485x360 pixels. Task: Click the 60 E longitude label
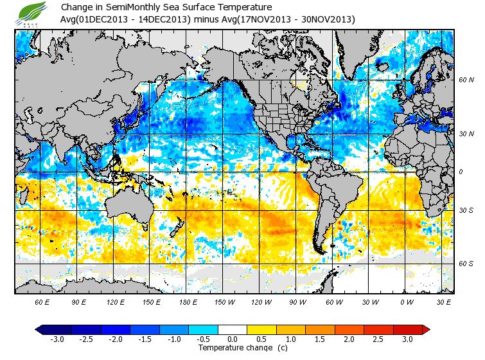(42, 301)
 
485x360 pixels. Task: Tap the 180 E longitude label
(188, 301)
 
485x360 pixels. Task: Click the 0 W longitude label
(407, 301)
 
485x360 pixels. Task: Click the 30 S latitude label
(467, 210)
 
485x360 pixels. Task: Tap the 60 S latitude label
(467, 264)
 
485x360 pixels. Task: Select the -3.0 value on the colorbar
(57, 339)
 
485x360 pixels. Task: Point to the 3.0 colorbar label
(408, 339)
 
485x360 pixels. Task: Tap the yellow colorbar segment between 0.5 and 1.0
(262, 329)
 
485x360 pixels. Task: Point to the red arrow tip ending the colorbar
(426, 329)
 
